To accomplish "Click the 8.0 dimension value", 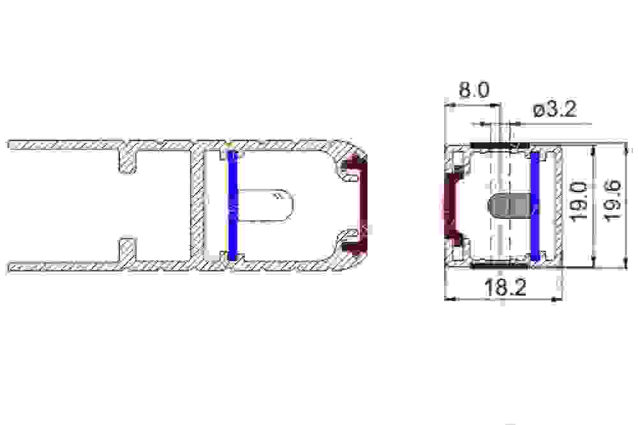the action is [x=474, y=90].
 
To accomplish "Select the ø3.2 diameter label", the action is [x=554, y=109].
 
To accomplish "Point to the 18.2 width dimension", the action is [x=505, y=287].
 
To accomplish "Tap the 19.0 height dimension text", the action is [x=579, y=202].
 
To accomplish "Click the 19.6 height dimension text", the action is [x=612, y=200].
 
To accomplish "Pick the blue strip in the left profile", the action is [x=232, y=205].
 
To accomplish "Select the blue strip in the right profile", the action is [x=535, y=206].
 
